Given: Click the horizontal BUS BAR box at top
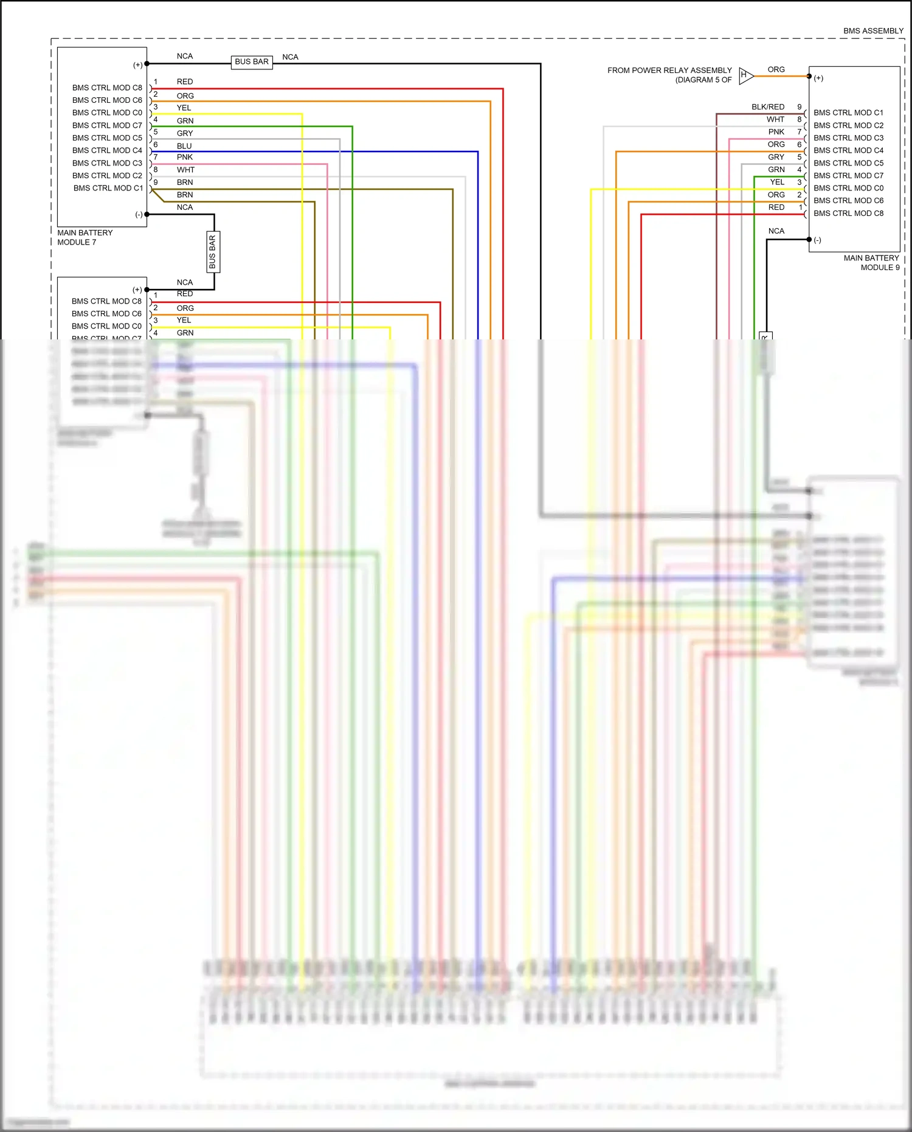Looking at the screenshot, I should click(x=252, y=62).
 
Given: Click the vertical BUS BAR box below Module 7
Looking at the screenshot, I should click(x=213, y=252).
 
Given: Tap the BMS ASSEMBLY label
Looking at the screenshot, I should click(x=872, y=31).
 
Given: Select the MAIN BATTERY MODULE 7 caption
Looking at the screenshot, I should click(x=85, y=237).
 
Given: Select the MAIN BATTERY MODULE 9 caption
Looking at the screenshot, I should click(x=871, y=263).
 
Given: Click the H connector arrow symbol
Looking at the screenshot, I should click(x=746, y=76).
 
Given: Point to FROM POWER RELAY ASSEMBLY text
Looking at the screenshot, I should click(x=669, y=71).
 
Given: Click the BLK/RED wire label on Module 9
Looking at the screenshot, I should click(x=767, y=107).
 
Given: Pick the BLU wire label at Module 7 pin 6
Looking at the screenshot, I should click(x=184, y=146).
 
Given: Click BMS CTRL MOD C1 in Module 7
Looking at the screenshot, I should click(x=108, y=189).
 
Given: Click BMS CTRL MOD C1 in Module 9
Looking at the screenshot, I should click(x=848, y=113).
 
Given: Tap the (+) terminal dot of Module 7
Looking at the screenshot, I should click(x=147, y=64).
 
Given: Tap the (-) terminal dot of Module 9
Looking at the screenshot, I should click(x=809, y=240).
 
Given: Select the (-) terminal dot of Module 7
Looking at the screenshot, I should click(x=147, y=215).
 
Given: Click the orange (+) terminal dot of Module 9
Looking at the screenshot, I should click(x=809, y=77).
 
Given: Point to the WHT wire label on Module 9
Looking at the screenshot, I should click(x=775, y=120).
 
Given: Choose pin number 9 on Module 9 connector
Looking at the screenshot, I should click(x=800, y=107).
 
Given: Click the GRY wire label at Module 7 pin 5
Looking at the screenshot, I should click(x=185, y=133).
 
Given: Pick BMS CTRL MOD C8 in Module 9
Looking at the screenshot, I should click(x=848, y=214).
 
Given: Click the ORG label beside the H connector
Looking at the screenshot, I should click(x=776, y=70).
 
